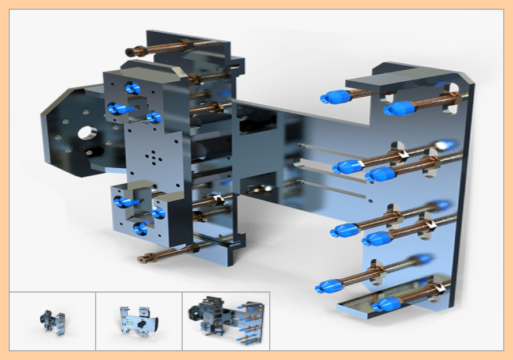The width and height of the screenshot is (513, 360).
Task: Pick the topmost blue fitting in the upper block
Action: tap(132, 88)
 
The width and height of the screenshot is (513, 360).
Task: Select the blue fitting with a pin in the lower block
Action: tap(123, 202)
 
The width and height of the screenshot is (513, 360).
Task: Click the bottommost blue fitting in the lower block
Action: tap(139, 229)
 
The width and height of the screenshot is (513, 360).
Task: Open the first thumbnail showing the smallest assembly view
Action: tap(52, 321)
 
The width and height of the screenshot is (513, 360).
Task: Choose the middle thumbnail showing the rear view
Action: tap(139, 321)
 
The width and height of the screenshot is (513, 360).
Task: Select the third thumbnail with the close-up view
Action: tap(226, 321)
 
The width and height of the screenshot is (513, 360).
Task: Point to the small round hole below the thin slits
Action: tap(370, 201)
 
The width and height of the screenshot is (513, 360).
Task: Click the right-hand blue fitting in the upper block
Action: tap(153, 118)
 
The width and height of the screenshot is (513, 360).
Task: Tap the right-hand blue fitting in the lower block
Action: tap(159, 213)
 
